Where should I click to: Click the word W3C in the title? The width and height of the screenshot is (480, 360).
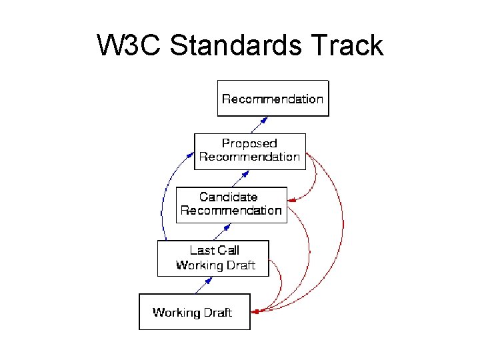point(129,46)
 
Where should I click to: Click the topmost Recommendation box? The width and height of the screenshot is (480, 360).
point(273,98)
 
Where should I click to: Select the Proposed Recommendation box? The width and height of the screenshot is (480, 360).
point(249,151)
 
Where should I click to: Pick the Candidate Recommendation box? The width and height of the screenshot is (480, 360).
point(231,205)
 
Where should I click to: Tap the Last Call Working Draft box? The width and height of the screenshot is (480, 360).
point(213,259)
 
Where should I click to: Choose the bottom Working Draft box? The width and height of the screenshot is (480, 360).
point(194,311)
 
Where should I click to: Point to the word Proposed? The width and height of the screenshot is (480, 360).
point(249,143)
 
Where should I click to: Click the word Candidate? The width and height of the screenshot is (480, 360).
point(228,197)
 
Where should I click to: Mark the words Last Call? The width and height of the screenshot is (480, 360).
point(215,251)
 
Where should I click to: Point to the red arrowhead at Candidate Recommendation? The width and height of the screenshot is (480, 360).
point(291,199)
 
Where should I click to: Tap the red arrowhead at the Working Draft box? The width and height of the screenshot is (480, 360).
point(255,311)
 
